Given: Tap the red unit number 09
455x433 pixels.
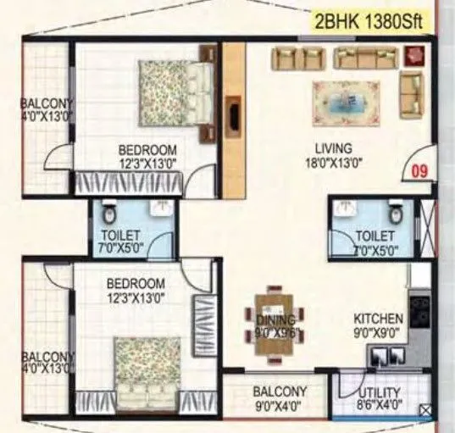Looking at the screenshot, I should (x=418, y=171).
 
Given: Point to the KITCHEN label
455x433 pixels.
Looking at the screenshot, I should (x=378, y=319).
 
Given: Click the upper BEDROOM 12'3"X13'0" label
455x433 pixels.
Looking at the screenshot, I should (x=147, y=158).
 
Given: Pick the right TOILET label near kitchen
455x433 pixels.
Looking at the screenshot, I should (x=374, y=241).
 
